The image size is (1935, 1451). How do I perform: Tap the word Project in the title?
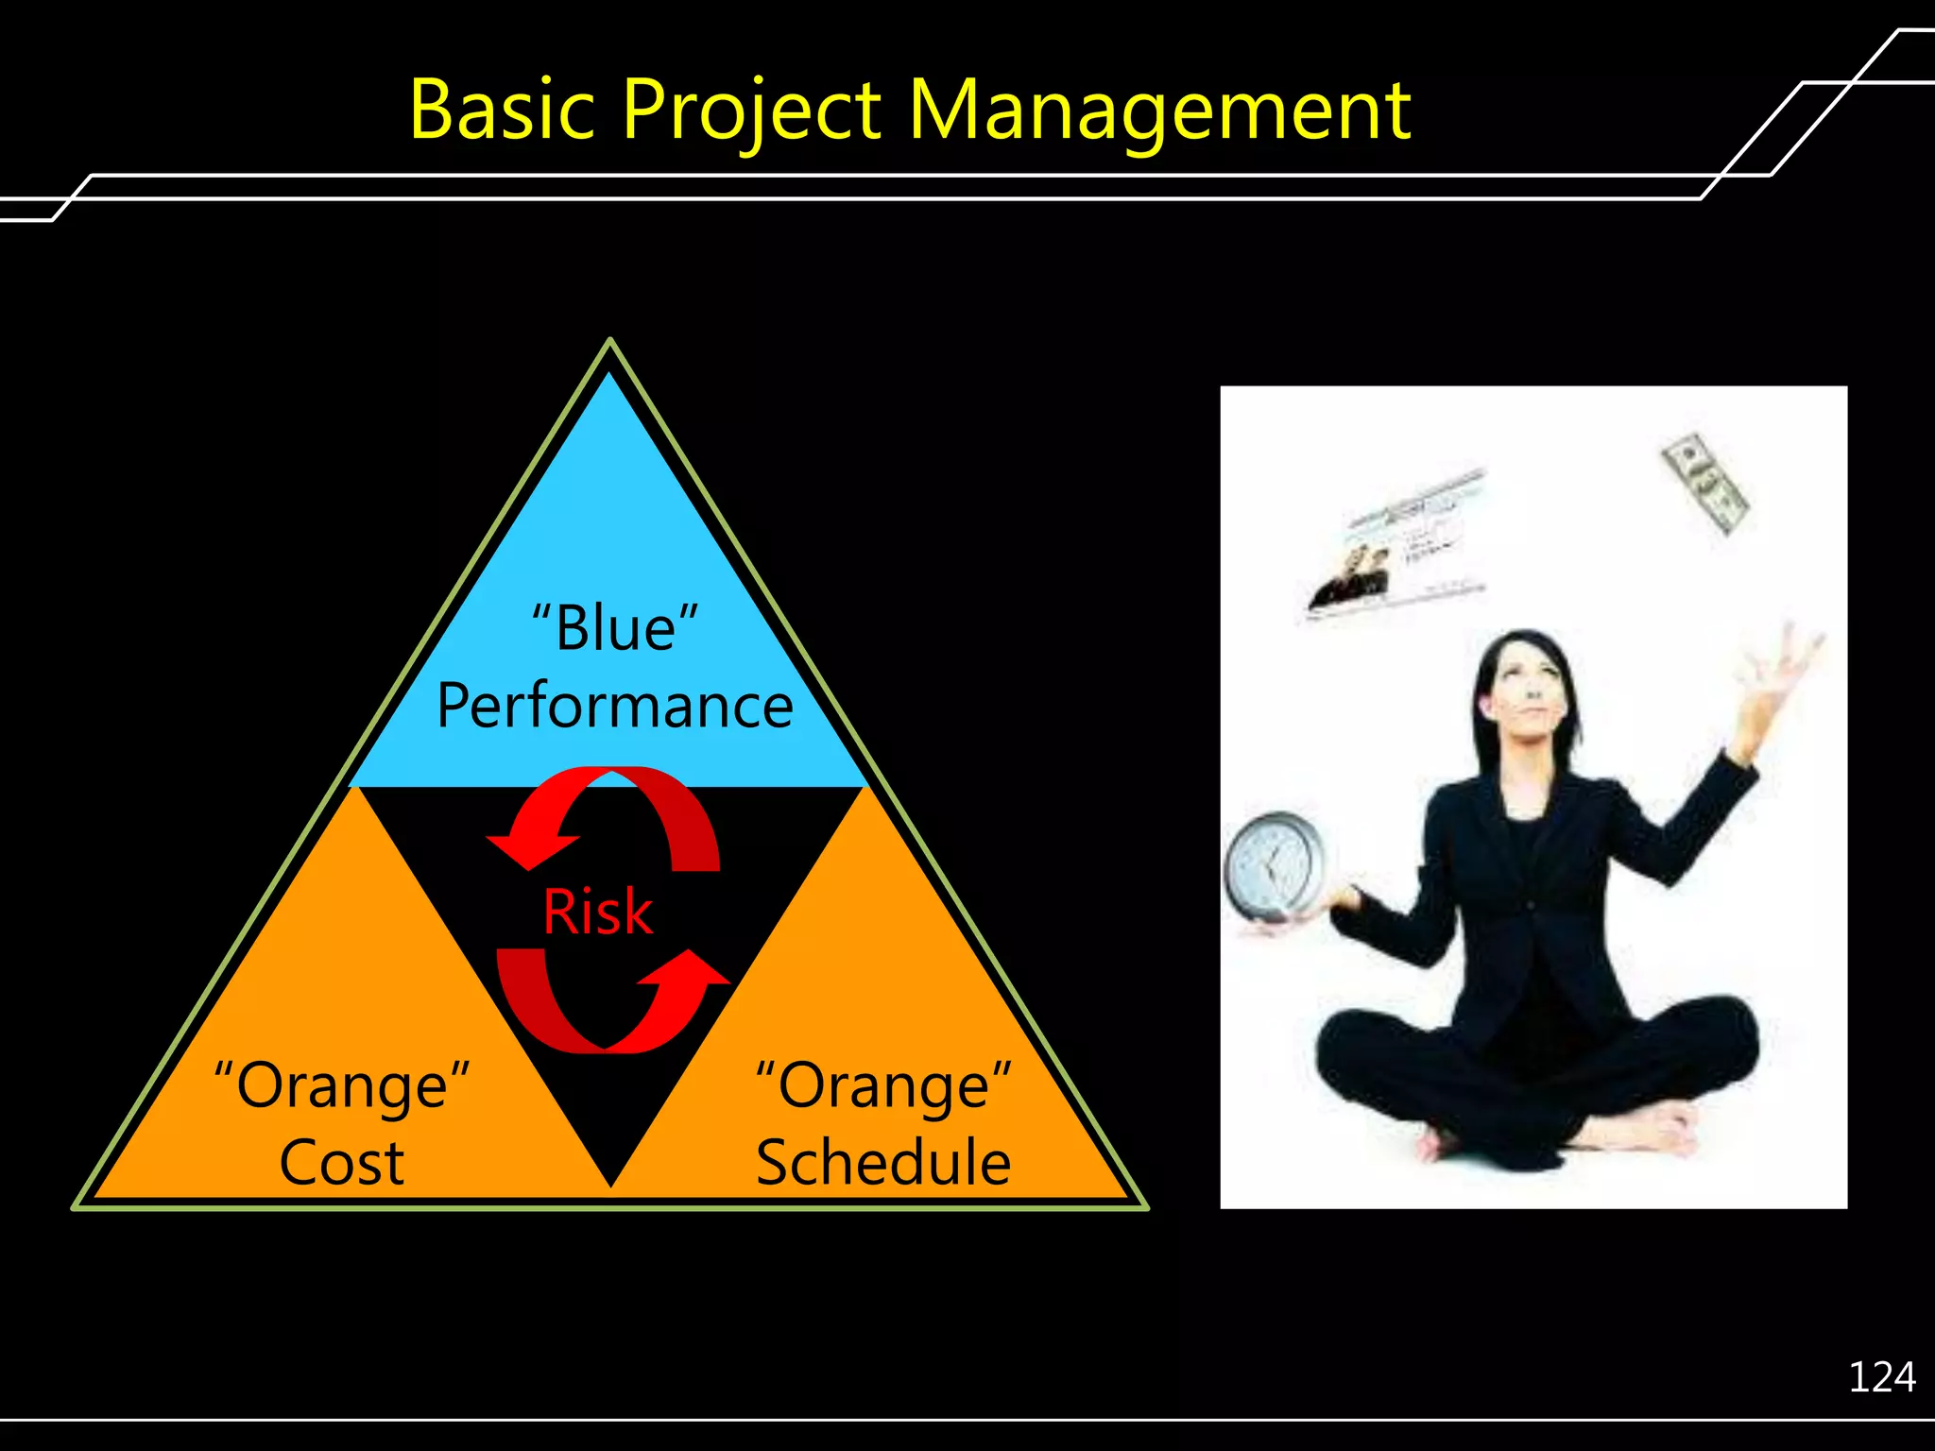pyautogui.click(x=751, y=112)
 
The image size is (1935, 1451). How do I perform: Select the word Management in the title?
pyautogui.click(x=1159, y=112)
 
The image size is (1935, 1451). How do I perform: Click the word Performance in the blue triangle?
pyautogui.click(x=615, y=707)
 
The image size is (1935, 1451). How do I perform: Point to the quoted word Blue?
pyautogui.click(x=615, y=628)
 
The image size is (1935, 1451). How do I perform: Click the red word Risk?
pyautogui.click(x=597, y=913)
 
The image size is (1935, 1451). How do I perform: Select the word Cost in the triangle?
pyautogui.click(x=342, y=1163)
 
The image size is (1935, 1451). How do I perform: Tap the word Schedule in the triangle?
pyautogui.click(x=883, y=1163)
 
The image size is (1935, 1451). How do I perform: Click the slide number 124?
pyautogui.click(x=1881, y=1377)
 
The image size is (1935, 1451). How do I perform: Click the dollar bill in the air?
pyautogui.click(x=1704, y=482)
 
